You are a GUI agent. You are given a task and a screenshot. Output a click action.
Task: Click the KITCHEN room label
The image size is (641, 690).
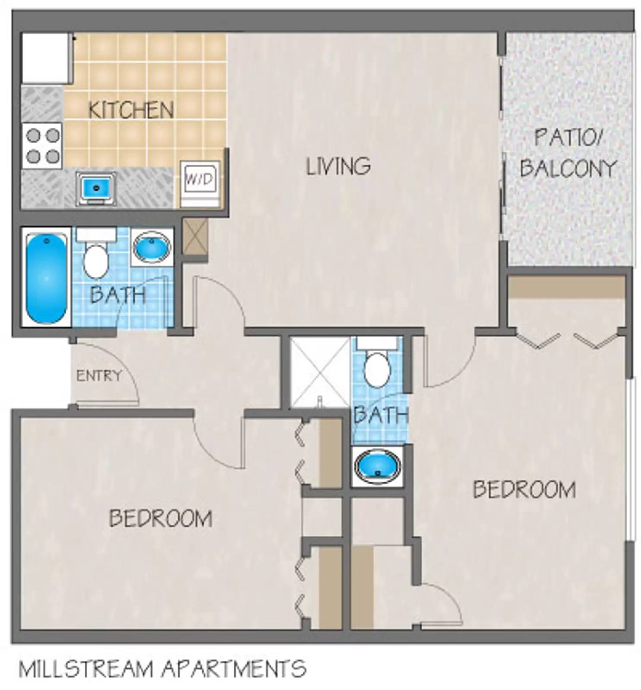pyautogui.click(x=131, y=110)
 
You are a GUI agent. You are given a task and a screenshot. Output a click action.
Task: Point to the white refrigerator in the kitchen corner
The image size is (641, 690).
pyautogui.click(x=46, y=58)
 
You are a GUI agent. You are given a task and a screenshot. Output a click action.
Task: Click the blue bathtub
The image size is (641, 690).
pyautogui.click(x=46, y=277)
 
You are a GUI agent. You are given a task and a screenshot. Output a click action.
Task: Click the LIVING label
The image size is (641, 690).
pyautogui.click(x=338, y=166)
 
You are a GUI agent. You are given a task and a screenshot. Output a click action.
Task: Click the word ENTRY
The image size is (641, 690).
pyautogui.click(x=99, y=376)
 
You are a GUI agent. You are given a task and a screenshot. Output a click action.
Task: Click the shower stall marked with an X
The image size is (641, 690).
pyautogui.click(x=319, y=373)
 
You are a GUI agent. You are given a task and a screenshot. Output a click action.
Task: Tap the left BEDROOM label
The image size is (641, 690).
pyautogui.click(x=160, y=518)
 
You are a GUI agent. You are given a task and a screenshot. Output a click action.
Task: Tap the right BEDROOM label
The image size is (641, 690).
pyautogui.click(x=524, y=489)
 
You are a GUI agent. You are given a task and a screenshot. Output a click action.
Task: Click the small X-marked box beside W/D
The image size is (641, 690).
pyautogui.click(x=195, y=237)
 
